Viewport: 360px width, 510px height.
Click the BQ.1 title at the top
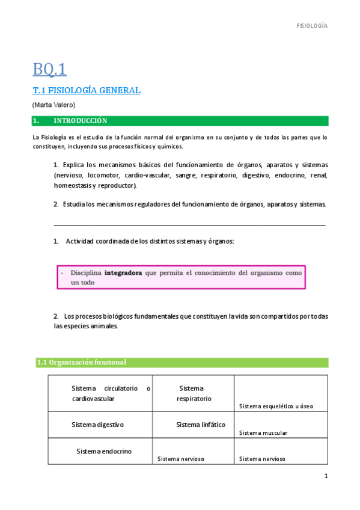click(x=49, y=70)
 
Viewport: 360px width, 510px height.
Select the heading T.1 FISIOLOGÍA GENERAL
click(x=87, y=91)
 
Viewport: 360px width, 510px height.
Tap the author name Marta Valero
click(x=54, y=105)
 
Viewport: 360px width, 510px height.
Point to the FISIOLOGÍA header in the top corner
click(x=313, y=26)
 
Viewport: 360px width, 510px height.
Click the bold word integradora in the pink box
click(x=123, y=272)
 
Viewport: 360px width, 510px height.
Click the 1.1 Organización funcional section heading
click(x=81, y=362)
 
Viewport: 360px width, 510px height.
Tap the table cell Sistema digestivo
click(x=97, y=425)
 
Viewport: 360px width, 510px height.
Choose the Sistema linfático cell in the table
click(x=201, y=425)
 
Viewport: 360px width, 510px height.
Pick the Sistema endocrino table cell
click(x=104, y=451)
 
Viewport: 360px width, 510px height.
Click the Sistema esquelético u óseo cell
click(x=276, y=407)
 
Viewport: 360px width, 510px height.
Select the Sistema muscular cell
click(x=263, y=432)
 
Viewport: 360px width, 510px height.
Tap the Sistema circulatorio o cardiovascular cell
click(x=111, y=393)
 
